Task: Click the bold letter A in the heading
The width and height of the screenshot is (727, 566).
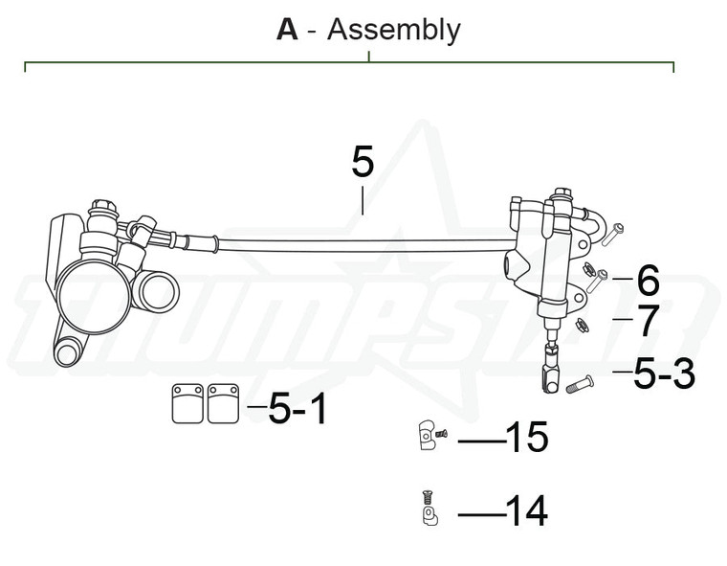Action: click(287, 30)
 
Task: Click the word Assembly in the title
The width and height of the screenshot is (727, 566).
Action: click(393, 30)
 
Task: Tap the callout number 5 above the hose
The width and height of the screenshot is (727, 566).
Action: click(363, 162)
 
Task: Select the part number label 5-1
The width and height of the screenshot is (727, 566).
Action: click(297, 410)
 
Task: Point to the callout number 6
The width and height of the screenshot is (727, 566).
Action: click(648, 281)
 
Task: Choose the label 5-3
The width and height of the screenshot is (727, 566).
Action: click(664, 374)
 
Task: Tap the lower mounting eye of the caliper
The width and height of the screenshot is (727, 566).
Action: click(66, 351)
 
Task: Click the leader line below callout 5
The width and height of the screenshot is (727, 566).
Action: click(363, 201)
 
